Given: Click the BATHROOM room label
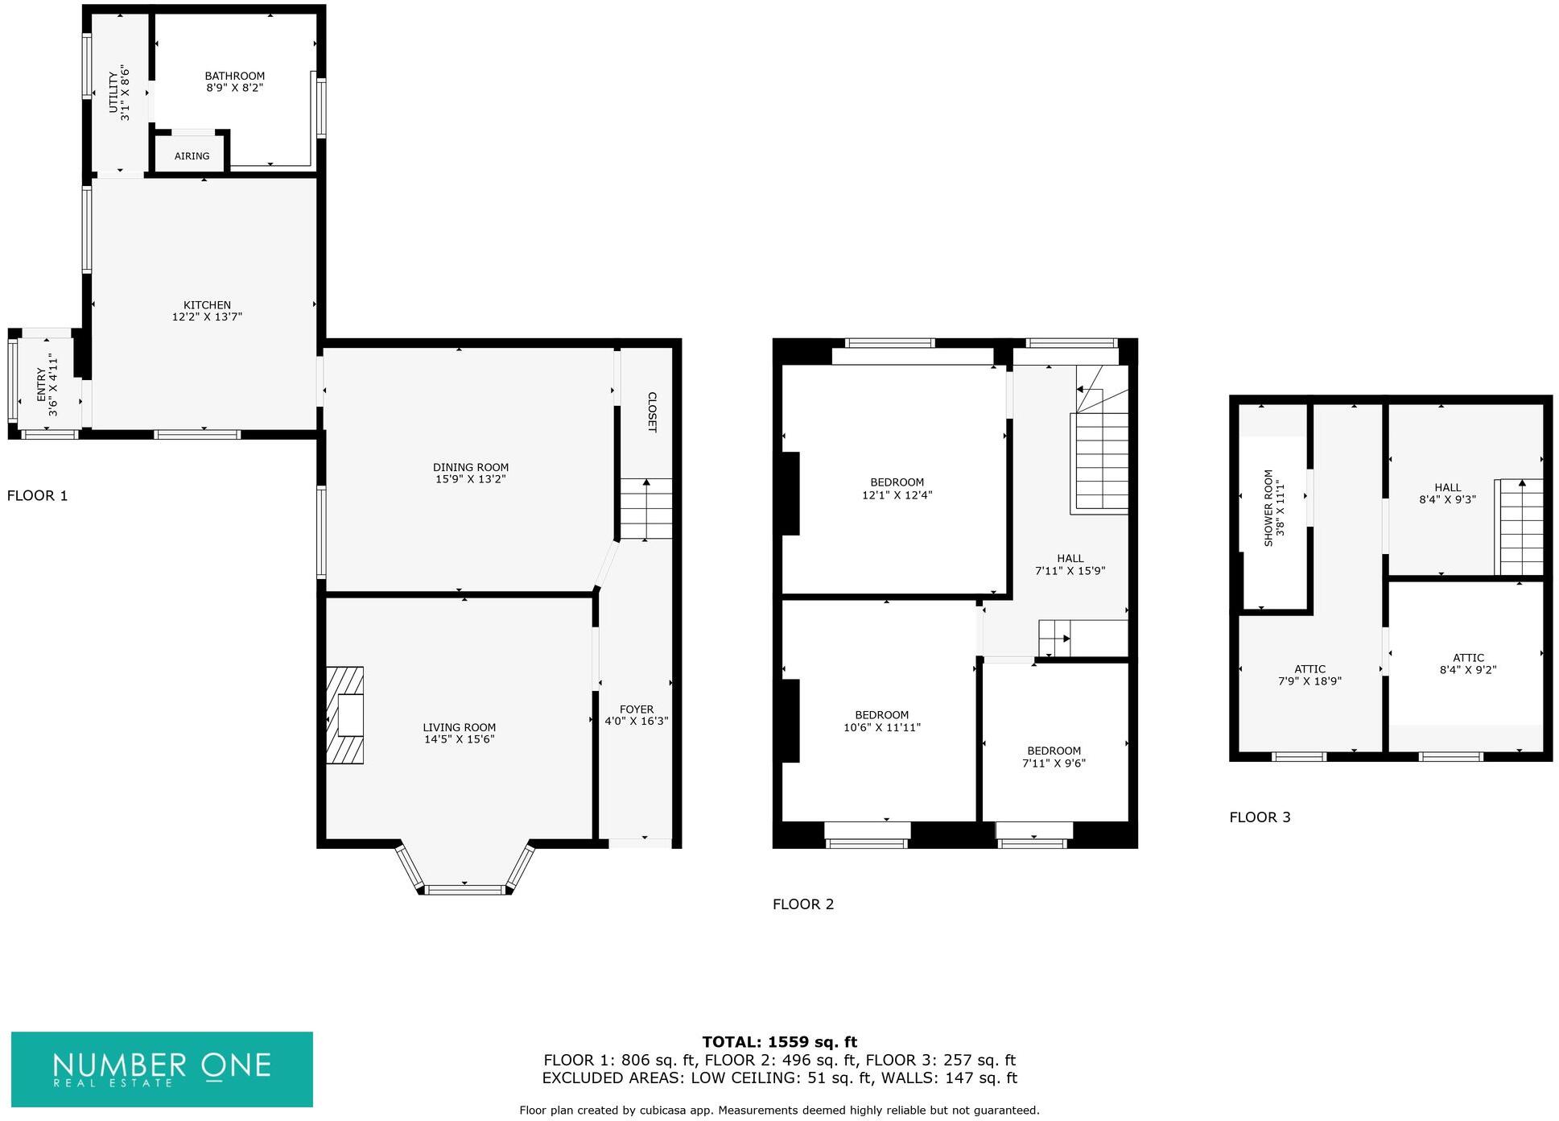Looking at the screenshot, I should pos(234,77).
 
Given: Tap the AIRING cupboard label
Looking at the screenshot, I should pos(192,156).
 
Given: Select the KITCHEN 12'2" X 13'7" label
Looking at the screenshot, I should pos(207,311).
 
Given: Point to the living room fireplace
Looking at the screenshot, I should pos(345,714).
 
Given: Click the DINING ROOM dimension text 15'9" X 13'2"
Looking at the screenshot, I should pos(470,479).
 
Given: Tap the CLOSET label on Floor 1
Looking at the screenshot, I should pos(652,412).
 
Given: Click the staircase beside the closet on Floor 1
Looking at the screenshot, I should pos(645,509).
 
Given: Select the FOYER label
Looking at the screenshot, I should pos(637,709).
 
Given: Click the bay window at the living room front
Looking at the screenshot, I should pos(465,888).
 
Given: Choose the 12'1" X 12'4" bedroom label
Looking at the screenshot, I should pos(897,489).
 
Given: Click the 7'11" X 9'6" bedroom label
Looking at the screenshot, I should pos(1054,757).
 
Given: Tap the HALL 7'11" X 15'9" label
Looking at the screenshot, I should pos(1070,565).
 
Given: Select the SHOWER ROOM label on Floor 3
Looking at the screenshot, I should pos(1274,507).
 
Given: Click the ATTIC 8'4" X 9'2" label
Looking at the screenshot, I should pos(1468,664).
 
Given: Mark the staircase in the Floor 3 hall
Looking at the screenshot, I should pos(1520,527).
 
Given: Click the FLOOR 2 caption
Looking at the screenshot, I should pos(803,904).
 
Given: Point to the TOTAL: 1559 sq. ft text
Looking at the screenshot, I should pos(779,1042).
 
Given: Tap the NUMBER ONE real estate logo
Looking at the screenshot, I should pos(162,1069).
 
